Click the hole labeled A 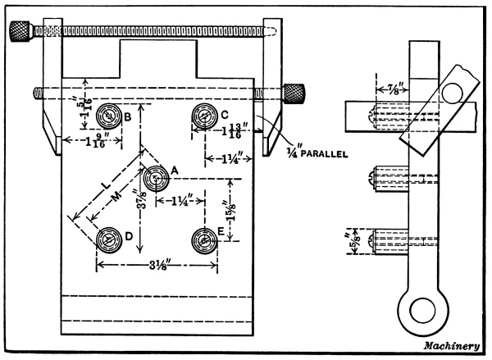[153, 177]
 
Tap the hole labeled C [203, 116]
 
